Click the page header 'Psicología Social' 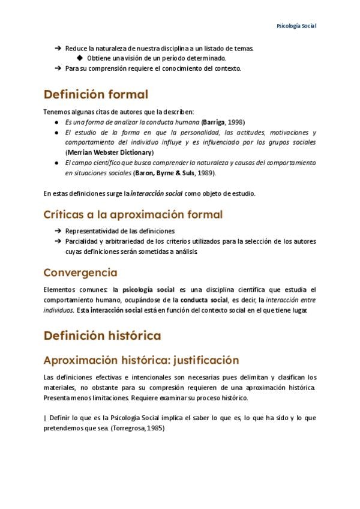296,26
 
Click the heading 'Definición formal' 95,94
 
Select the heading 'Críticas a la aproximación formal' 133,214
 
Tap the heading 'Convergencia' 80,273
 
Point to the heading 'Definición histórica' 102,335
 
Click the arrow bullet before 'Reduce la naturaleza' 58,48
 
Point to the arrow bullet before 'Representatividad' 58,230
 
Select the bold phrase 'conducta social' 204,300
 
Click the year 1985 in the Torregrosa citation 155,429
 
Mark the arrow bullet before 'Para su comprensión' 58,68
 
